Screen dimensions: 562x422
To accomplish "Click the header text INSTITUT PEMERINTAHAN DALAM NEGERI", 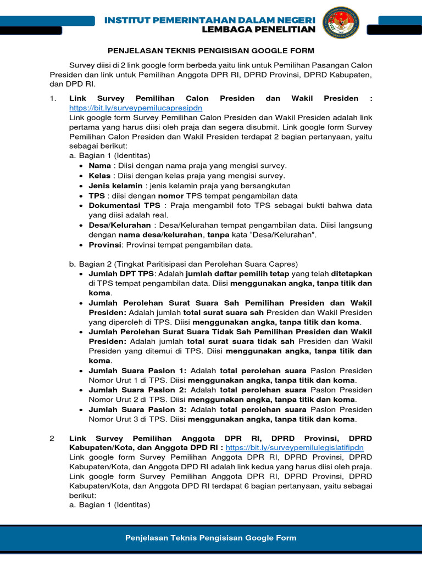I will coord(210,20).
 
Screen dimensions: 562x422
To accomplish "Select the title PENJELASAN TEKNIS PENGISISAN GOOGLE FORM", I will coord(210,50).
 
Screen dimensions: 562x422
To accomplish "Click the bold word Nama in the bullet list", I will coord(99,165).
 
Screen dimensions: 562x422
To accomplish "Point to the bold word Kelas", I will coord(100,176).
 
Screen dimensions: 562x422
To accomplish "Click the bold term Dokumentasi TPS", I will coord(124,205).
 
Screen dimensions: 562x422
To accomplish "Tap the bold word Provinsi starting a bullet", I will coord(104,245).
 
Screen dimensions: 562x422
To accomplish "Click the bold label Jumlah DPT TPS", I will coord(121,273).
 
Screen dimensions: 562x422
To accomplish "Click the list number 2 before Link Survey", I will coord(52,438).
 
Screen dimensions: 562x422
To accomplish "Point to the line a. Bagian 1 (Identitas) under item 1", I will coord(109,155).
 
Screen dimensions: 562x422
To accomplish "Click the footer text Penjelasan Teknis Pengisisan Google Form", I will coord(210,538).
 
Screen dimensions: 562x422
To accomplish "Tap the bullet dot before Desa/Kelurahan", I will coord(81,226).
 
